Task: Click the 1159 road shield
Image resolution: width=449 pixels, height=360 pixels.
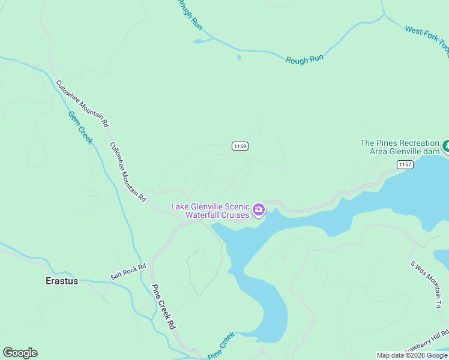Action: (x=240, y=146)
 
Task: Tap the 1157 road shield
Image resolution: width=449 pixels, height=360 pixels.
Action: (x=405, y=164)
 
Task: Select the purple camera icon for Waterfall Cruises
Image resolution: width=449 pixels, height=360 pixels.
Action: (x=259, y=209)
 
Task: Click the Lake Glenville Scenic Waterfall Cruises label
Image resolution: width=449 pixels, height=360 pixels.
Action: (x=210, y=211)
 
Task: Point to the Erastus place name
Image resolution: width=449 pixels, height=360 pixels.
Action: (x=62, y=280)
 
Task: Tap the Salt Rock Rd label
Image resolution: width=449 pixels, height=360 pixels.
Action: (x=128, y=272)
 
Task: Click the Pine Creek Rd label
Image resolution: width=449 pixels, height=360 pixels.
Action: (x=162, y=306)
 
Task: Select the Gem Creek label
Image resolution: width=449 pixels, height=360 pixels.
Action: (x=80, y=127)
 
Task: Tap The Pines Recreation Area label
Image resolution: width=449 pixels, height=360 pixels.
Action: (x=399, y=147)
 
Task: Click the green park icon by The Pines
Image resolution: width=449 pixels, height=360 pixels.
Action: (x=446, y=146)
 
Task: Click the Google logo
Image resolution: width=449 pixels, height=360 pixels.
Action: (x=20, y=353)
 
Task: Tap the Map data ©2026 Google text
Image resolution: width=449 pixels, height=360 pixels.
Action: (x=412, y=355)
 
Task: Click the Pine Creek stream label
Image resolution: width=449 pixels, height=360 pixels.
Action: (x=220, y=347)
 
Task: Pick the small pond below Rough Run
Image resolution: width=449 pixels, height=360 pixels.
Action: (x=239, y=58)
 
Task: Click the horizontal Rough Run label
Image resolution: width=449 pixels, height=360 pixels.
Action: (x=305, y=60)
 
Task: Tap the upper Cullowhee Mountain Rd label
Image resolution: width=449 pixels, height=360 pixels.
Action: (x=82, y=103)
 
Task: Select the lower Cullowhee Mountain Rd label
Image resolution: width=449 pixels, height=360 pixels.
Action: (x=128, y=172)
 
